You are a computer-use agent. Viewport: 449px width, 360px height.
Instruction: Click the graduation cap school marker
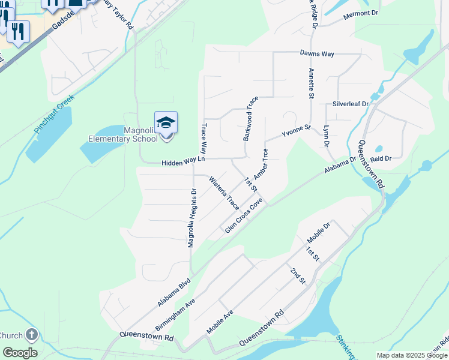(x=166, y=123)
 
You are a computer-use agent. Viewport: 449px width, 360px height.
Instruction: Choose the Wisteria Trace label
(x=224, y=193)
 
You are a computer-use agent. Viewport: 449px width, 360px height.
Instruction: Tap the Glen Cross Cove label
(x=244, y=216)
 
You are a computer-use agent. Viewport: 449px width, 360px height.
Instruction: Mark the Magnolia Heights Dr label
(x=191, y=218)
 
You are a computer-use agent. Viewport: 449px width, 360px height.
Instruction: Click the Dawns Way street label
(x=317, y=53)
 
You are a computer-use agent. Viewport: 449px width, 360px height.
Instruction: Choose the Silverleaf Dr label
(x=351, y=103)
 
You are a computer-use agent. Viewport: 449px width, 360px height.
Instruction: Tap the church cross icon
(x=31, y=334)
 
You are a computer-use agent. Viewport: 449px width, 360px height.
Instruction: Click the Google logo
(x=20, y=353)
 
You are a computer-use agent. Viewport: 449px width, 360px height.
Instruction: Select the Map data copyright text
(x=412, y=355)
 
